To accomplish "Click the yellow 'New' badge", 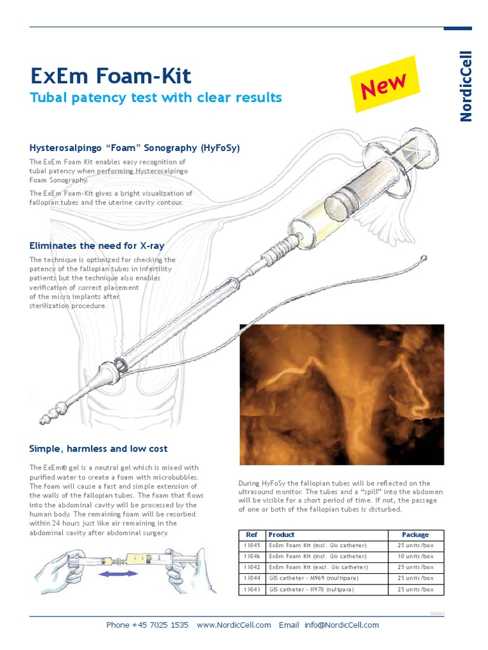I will tap(384, 84).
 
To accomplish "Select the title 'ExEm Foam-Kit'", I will tap(111, 77).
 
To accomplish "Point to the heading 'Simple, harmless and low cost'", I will tap(98, 449).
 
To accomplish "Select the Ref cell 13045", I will tap(251, 545).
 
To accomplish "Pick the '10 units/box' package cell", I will tap(416, 556).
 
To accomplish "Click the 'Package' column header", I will tap(416, 534).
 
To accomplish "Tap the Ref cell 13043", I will tap(251, 589).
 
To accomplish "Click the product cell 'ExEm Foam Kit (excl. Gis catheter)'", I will tap(318, 567).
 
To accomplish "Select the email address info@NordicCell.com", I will tap(341, 625).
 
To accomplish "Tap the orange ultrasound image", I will tap(341, 394).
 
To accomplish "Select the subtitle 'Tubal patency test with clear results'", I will tap(156, 98).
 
